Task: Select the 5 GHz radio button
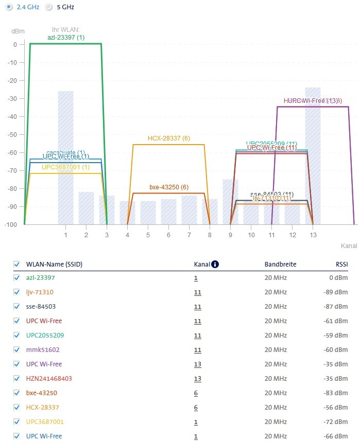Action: (x=49, y=7)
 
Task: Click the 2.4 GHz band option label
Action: (x=28, y=7)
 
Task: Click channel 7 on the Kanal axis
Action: (x=189, y=235)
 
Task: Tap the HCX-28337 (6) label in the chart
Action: (x=168, y=138)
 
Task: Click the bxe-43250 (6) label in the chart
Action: (x=168, y=187)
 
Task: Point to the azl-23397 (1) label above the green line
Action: (x=66, y=38)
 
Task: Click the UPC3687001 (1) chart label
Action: (x=65, y=167)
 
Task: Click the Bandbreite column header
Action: (x=280, y=264)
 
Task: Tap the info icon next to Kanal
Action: (x=215, y=264)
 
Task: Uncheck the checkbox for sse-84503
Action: (x=16, y=307)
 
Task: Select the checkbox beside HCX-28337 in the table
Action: (x=16, y=408)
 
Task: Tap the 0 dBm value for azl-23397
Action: (x=340, y=278)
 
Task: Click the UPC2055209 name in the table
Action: (x=45, y=336)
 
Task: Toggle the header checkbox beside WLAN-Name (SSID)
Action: (x=16, y=264)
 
